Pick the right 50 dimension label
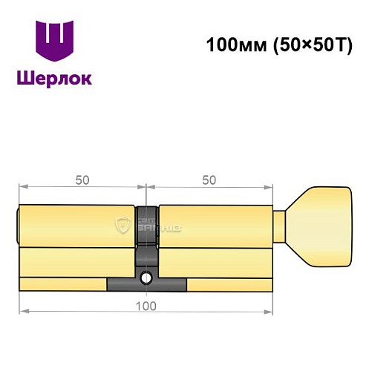pos(210,181)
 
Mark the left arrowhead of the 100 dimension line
pos(23,311)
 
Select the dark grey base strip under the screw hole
pos(147,285)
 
